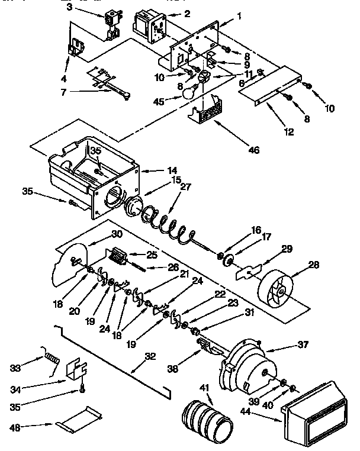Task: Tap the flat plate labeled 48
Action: (x=77, y=420)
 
